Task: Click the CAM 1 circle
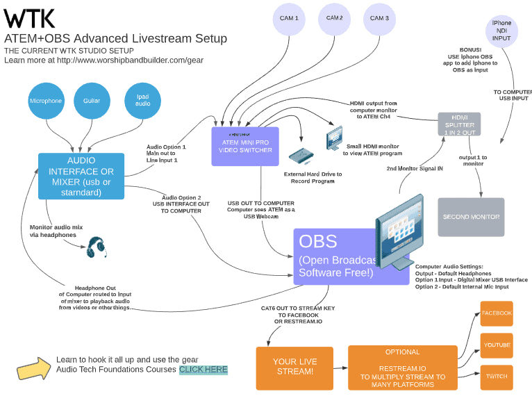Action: [x=290, y=19]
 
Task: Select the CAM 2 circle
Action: [x=334, y=19]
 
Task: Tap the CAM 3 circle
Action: [x=379, y=19]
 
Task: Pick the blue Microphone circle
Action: [x=45, y=101]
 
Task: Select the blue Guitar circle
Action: [x=92, y=101]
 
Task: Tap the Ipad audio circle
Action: [x=142, y=101]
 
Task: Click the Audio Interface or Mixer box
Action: [x=81, y=176]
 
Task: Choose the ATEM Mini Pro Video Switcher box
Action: [x=244, y=146]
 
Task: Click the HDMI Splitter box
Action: [x=459, y=125]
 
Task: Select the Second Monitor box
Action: [x=471, y=217]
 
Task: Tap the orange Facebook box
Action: [x=497, y=313]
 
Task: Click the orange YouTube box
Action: [x=497, y=345]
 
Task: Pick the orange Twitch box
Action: [x=497, y=377]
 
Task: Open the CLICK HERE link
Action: [x=203, y=370]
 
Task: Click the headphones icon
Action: [x=97, y=247]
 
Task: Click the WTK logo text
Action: [x=30, y=17]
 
